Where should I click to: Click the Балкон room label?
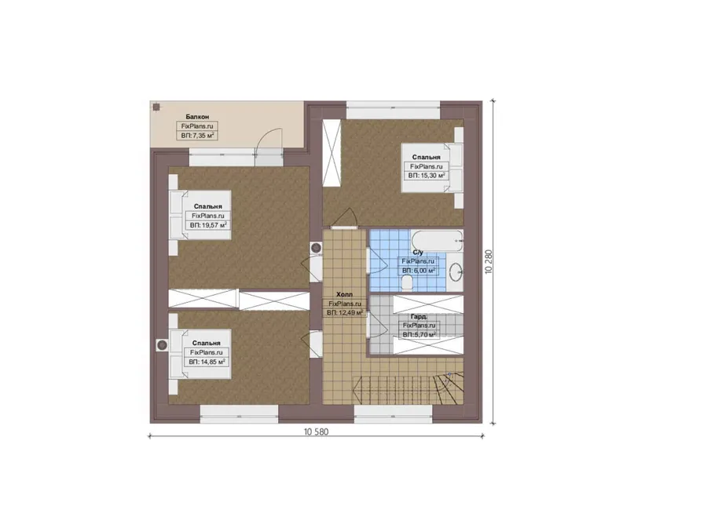197,117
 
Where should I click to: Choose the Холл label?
345,294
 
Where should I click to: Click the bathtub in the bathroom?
437,241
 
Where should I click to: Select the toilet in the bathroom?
408,282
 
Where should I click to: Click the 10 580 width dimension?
316,431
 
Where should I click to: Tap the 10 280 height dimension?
489,262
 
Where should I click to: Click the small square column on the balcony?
156,107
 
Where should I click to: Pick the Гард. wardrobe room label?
419,317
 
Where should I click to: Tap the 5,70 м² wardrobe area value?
419,335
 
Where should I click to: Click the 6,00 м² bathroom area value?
419,271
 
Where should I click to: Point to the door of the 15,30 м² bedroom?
345,219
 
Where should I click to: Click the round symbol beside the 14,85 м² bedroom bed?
162,345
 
